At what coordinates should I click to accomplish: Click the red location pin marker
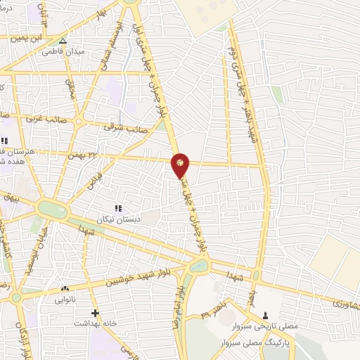181,164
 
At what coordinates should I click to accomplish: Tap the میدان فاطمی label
61,51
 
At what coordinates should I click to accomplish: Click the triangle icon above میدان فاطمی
63,41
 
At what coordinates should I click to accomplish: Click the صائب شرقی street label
117,127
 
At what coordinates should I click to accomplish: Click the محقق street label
70,87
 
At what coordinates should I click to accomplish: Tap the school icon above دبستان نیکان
118,208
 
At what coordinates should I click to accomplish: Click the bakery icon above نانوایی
65,289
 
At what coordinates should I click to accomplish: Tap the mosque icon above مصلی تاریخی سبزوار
265,315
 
